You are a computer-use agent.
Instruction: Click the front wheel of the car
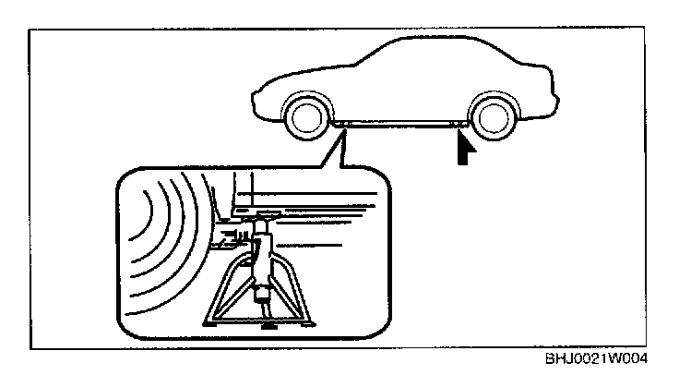tap(304, 117)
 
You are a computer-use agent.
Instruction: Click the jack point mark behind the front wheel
tap(340, 124)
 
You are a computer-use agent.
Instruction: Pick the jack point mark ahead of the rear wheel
tap(456, 124)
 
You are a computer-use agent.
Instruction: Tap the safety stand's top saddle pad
tap(264, 218)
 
